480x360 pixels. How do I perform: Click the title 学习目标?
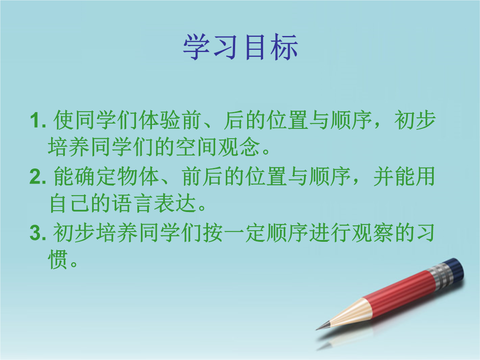240,47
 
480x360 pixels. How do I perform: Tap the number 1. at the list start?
38,120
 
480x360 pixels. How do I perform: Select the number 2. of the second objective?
38,177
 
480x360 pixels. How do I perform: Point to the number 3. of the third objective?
38,233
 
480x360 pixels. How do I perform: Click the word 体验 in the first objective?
159,120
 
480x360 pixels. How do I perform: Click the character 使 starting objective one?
64,120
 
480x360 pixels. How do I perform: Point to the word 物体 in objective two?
138,176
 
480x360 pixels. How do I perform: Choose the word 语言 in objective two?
132,203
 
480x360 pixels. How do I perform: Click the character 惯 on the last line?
58,260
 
